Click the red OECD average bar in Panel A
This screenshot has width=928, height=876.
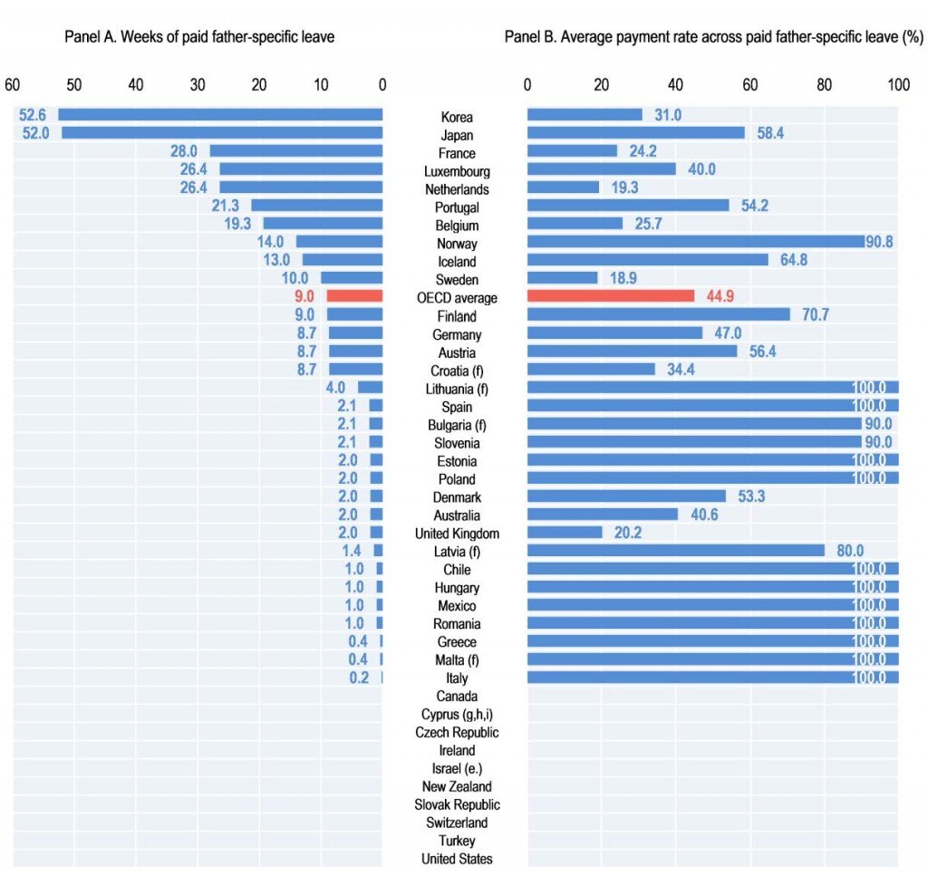[354, 295]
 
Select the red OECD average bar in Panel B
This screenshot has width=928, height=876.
[611, 295]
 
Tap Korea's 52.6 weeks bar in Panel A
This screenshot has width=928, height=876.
[220, 115]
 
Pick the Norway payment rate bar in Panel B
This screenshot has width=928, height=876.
[696, 241]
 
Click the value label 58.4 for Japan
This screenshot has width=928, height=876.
[770, 133]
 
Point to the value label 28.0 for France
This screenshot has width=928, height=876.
[183, 151]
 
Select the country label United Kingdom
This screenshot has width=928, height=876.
[457, 534]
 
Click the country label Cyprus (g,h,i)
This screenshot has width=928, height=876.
[457, 715]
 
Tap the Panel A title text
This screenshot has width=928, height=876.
[199, 36]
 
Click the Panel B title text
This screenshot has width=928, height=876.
[714, 36]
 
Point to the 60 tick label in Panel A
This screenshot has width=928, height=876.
[13, 84]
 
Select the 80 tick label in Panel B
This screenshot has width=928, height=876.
[825, 84]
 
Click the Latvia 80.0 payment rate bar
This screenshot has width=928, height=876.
[676, 551]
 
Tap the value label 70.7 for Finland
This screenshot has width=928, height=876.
[816, 314]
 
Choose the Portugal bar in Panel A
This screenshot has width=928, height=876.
[317, 206]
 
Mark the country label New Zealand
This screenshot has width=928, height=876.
[457, 786]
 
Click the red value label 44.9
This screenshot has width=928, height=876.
[720, 296]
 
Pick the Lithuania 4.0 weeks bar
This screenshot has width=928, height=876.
[371, 388]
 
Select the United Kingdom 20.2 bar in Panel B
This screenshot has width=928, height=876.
[565, 533]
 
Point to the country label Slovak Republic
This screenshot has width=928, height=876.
[457, 805]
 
